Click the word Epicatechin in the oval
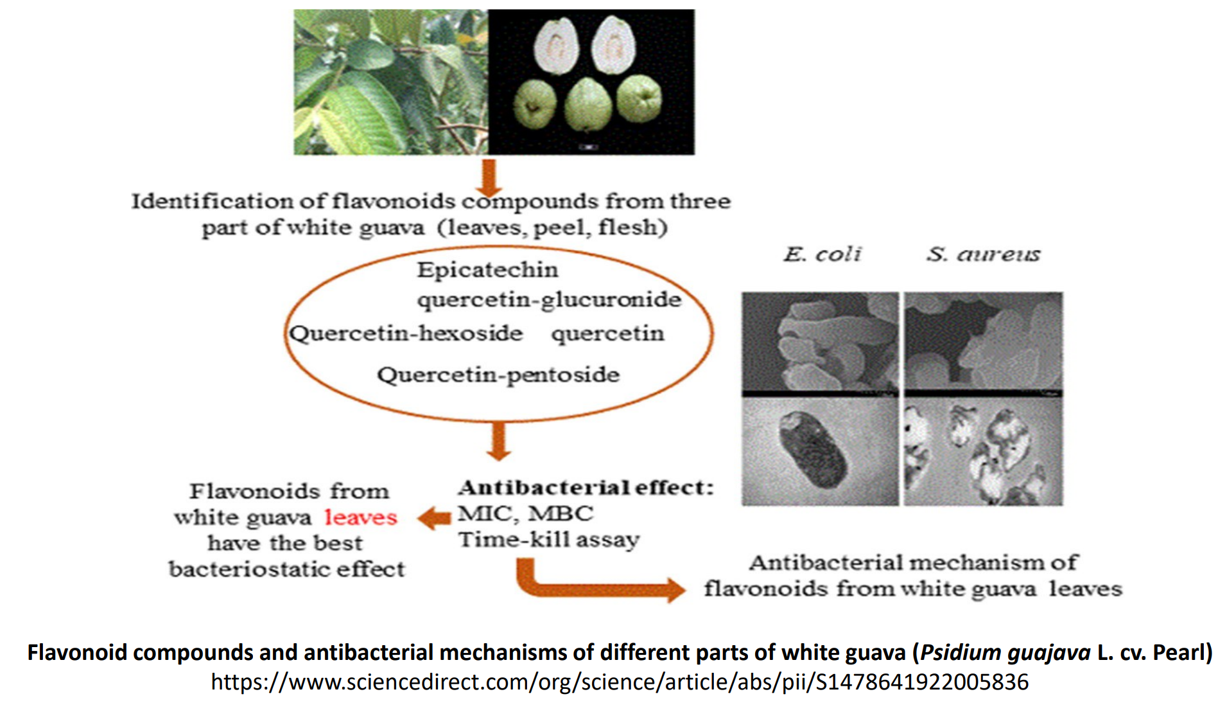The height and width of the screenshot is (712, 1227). (x=487, y=270)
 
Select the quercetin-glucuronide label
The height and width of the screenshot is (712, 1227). (x=549, y=299)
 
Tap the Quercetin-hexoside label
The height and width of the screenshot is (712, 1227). (x=406, y=334)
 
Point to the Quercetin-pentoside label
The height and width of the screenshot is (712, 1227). (x=498, y=375)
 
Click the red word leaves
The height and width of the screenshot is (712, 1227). (x=361, y=517)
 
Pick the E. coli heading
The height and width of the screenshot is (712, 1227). (x=822, y=254)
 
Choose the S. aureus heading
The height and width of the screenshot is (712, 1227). (x=983, y=254)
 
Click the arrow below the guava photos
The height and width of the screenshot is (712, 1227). (x=489, y=177)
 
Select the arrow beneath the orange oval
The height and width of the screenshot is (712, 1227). (x=498, y=441)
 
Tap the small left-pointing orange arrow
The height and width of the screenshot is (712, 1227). (x=435, y=518)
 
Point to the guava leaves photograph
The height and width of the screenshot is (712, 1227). (x=390, y=82)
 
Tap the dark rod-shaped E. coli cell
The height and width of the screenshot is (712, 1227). (x=811, y=453)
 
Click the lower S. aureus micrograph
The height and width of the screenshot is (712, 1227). (x=983, y=452)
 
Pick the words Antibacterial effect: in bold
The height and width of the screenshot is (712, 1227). (x=586, y=488)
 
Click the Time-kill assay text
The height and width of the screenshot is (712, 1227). (x=549, y=540)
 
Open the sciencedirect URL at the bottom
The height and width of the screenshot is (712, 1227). (x=620, y=682)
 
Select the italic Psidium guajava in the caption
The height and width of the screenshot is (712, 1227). (x=1005, y=653)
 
